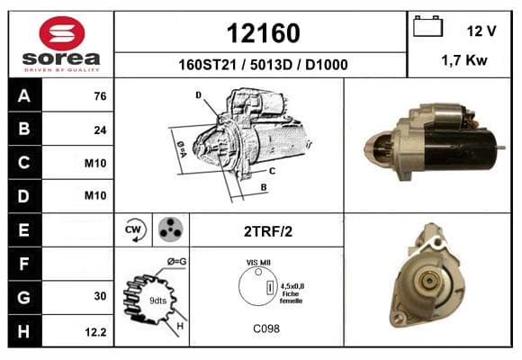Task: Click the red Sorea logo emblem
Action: [x=62, y=33]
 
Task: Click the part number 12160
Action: [x=264, y=33]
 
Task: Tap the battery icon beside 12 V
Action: [x=427, y=26]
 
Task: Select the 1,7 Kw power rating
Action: [x=464, y=60]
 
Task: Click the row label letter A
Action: [x=24, y=96]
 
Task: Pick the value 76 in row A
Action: [x=100, y=96]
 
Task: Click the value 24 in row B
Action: [x=100, y=130]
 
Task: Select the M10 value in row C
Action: [x=95, y=163]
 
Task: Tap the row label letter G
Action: [x=24, y=297]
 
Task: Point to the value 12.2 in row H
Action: [x=95, y=332]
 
